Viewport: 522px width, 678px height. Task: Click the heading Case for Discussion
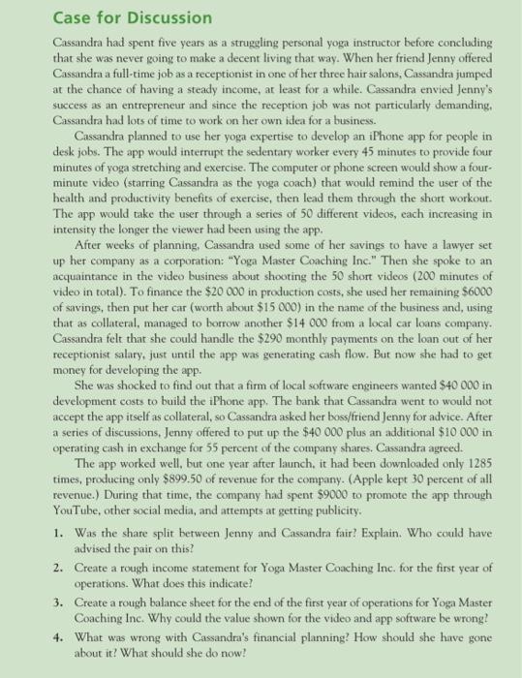point(92,17)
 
